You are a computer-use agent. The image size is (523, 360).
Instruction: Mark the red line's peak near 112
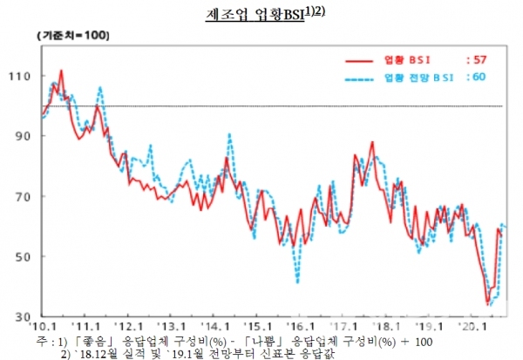[61, 71]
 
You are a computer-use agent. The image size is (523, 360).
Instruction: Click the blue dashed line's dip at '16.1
[297, 282]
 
